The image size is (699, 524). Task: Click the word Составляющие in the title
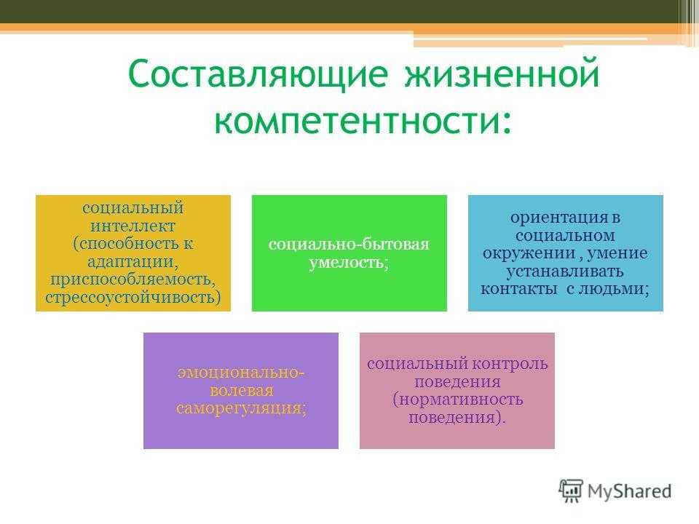(258, 74)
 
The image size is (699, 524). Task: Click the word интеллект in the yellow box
(133, 226)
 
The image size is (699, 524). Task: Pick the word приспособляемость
(131, 279)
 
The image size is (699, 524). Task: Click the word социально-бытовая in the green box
(349, 245)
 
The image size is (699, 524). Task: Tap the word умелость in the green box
(346, 263)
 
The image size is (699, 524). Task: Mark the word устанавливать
(565, 271)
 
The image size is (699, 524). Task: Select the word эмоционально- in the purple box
(241, 373)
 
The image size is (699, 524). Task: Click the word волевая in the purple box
(241, 391)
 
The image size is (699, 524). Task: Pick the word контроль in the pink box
(510, 364)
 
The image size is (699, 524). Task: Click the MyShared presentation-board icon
(571, 491)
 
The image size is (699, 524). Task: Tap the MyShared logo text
(629, 491)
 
